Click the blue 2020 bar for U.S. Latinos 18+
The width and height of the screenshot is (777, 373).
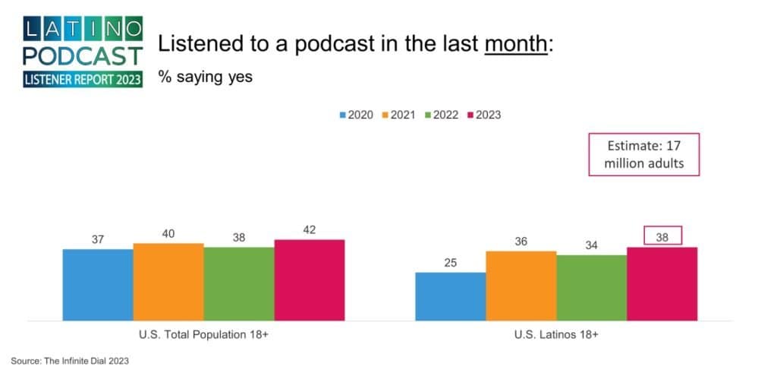point(450,296)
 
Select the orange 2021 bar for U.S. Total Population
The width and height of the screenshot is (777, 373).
point(168,282)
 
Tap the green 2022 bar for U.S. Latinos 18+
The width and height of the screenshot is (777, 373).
point(591,287)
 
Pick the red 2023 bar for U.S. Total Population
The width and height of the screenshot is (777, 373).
point(309,280)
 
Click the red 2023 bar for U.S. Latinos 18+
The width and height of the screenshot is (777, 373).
point(662,283)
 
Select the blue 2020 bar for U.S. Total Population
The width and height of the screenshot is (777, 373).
point(97,285)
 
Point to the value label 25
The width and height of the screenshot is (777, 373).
point(450,263)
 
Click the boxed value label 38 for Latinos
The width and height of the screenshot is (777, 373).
point(662,236)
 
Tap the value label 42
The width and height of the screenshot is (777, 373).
point(309,229)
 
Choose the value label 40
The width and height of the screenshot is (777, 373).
point(168,233)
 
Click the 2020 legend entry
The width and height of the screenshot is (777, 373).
point(357,115)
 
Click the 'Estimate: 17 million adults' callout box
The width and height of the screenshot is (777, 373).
point(643,155)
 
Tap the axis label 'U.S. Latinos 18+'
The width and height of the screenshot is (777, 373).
point(555,335)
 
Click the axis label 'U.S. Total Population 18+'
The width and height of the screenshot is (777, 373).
point(203,335)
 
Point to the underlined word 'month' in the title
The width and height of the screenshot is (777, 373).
point(515,45)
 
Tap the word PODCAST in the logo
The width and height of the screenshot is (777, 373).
point(83,55)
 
